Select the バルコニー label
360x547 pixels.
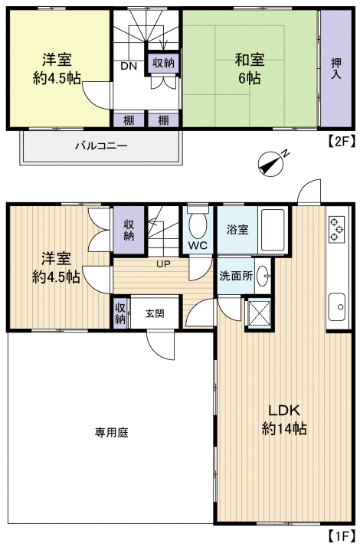tap(100, 146)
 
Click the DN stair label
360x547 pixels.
tap(128, 66)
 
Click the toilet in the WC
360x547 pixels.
tap(198, 225)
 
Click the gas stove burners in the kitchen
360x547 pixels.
tap(335, 228)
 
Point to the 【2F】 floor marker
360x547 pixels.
tap(341, 141)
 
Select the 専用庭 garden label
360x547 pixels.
tap(112, 432)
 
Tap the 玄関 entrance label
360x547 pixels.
tap(153, 313)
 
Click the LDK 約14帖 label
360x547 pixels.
tap(284, 418)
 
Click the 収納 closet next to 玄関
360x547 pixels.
tap(120, 313)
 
